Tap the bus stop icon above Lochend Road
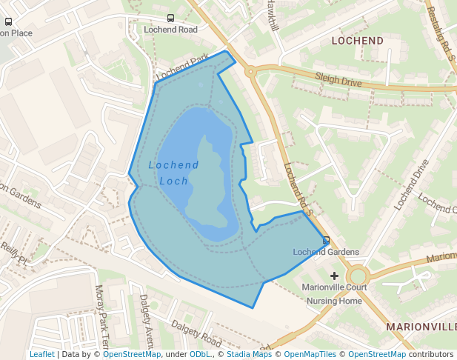[171, 19]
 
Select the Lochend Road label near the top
[171, 30]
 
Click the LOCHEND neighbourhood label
[357, 40]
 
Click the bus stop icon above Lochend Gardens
[327, 240]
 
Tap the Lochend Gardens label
[326, 252]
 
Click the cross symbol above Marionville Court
[334, 276]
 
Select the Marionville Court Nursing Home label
[335, 294]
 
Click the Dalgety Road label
[196, 334]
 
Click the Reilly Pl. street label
[13, 254]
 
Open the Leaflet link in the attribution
[41, 354]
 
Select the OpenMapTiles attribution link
[310, 354]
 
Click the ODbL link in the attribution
[199, 354]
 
